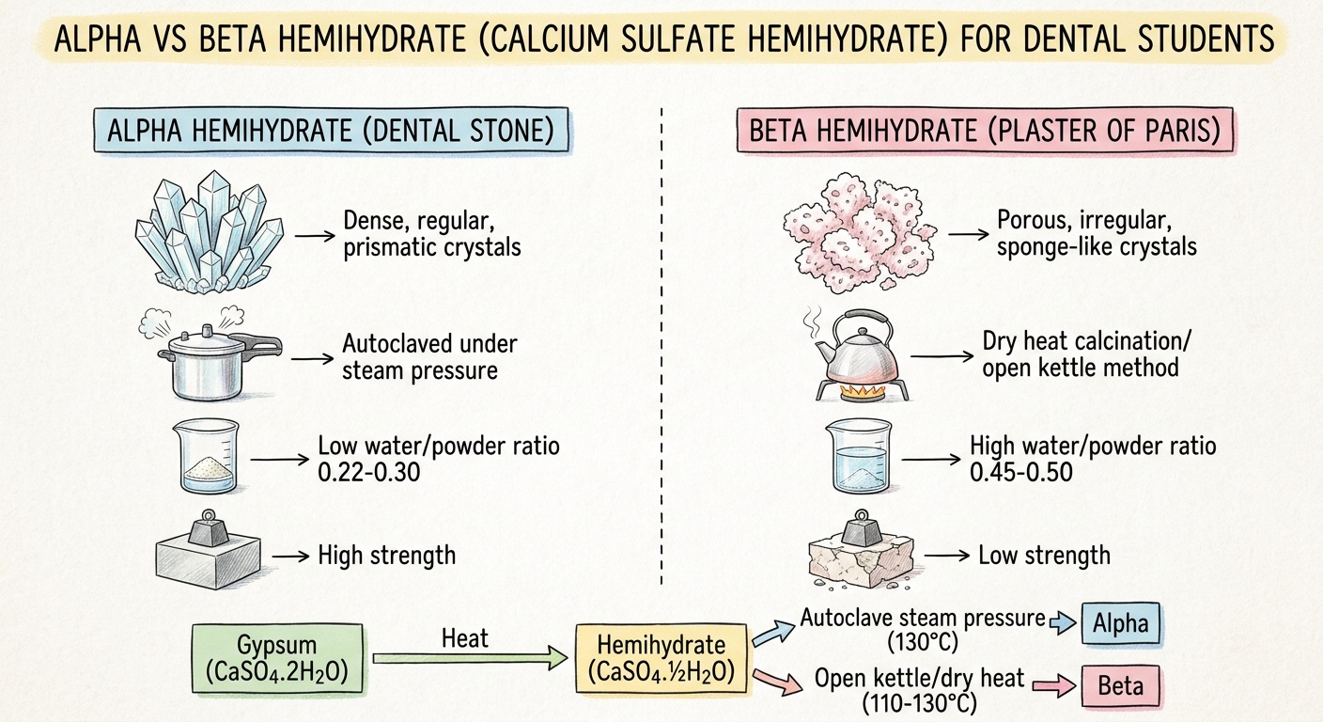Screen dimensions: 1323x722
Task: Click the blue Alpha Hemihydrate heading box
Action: pos(332,130)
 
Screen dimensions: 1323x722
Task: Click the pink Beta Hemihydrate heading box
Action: pos(985,130)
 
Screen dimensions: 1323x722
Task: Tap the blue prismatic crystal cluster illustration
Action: pos(210,232)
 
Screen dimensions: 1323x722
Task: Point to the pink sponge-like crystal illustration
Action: pos(860,232)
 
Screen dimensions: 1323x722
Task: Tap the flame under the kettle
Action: pos(863,391)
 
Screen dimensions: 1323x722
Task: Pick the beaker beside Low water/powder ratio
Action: pos(206,456)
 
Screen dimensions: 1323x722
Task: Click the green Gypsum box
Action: pos(277,658)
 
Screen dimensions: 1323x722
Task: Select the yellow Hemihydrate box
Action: pos(661,658)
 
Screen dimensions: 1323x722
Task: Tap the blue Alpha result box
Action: pos(1120,623)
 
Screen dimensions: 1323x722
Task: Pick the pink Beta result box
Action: pos(1120,686)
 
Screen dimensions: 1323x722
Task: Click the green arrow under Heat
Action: pos(470,658)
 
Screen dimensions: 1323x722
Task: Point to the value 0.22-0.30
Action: pos(368,472)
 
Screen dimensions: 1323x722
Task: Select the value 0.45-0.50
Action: pos(1021,472)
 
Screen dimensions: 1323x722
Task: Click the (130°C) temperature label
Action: pos(923,642)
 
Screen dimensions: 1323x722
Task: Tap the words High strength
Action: pos(387,556)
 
